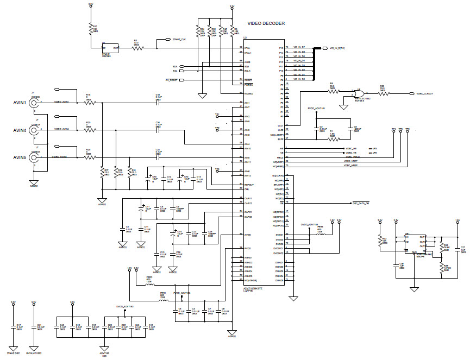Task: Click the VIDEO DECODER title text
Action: coord(266,23)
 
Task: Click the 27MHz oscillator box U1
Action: coord(110,48)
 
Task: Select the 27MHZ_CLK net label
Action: coord(179,40)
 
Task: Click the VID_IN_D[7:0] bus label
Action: coord(337,48)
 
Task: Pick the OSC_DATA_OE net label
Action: coord(361,203)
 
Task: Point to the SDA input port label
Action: coord(175,66)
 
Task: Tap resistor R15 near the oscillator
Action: coord(90,28)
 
